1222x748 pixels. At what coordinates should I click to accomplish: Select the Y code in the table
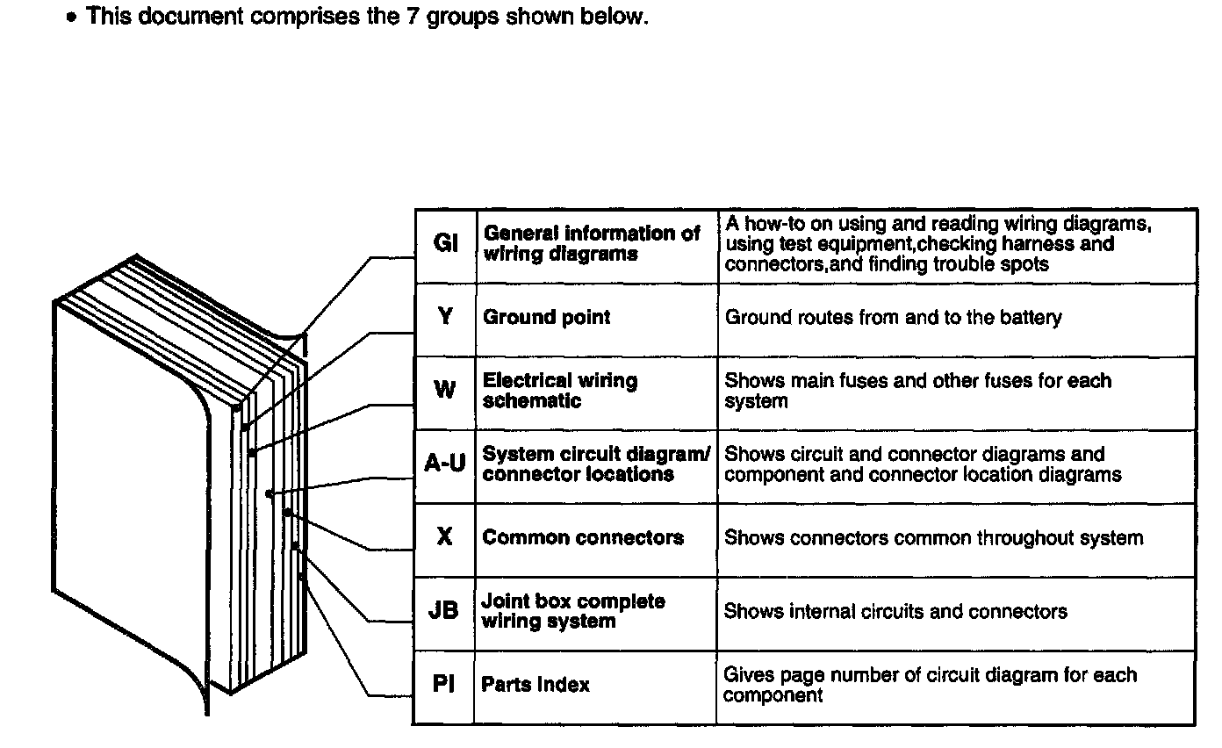[445, 318]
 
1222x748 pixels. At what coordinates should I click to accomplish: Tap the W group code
[445, 391]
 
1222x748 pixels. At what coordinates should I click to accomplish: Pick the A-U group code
[445, 464]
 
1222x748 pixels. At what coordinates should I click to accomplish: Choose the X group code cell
[445, 537]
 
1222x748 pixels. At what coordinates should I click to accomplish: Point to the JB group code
[443, 611]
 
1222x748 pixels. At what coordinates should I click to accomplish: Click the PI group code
[443, 685]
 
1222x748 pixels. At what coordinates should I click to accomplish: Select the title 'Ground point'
[546, 318]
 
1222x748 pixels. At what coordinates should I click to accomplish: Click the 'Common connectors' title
[583, 537]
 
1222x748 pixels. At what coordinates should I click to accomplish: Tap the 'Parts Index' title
[536, 685]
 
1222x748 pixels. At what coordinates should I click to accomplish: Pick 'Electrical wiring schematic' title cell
[560, 391]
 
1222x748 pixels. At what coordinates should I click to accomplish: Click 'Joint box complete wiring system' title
[573, 611]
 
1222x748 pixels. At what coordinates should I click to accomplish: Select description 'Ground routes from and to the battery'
[893, 318]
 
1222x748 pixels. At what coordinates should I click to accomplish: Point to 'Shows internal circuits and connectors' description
[895, 611]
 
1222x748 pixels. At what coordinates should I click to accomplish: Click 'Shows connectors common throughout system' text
[933, 537]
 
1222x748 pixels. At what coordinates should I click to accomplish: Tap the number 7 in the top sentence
[412, 18]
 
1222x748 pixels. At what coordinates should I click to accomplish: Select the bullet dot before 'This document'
[74, 19]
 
